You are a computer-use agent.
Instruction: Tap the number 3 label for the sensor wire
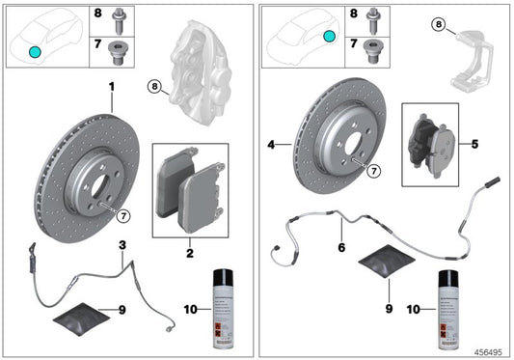[122, 247]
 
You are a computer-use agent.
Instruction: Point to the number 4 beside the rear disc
[272, 146]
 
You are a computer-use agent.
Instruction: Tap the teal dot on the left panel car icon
[35, 51]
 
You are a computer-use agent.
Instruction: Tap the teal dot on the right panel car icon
[329, 36]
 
